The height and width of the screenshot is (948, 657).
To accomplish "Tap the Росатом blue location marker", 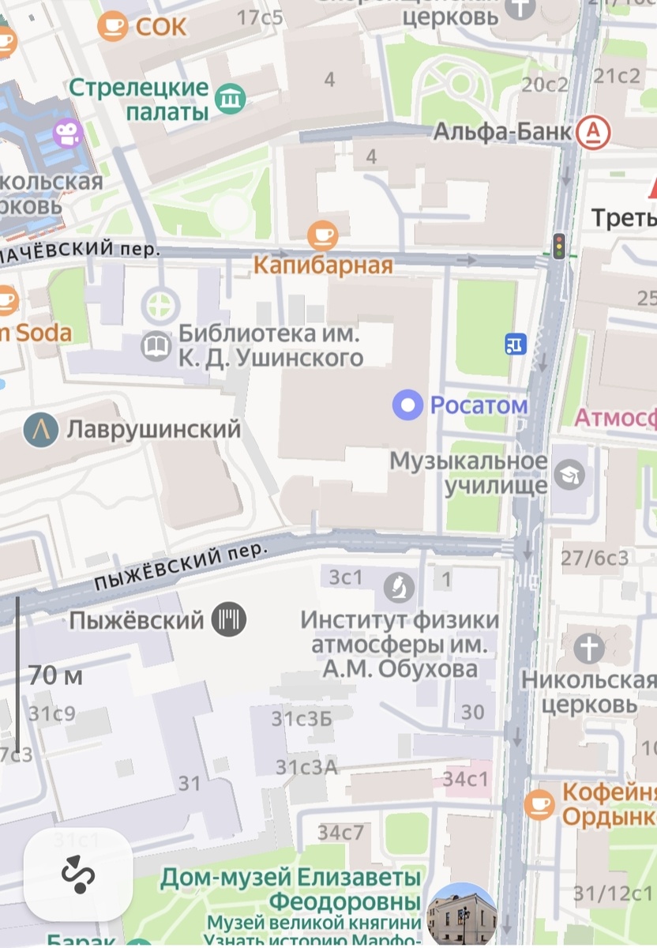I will coord(408,406).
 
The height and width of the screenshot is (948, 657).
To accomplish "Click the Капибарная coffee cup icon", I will coord(322,235).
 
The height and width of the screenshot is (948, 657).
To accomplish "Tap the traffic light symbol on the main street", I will coord(560,246).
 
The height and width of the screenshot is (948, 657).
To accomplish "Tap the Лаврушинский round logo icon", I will coord(40,430).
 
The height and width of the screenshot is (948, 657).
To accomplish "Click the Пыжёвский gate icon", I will coord(229,619).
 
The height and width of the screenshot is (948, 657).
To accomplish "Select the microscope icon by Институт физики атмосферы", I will coord(400,586).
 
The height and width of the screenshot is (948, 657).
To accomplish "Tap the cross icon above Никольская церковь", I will coord(589,649).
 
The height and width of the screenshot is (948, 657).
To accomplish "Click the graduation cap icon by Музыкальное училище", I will coord(568,474).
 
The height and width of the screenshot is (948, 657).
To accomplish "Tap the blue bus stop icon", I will coord(516,344).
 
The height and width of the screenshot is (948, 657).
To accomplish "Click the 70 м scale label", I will coord(55,676).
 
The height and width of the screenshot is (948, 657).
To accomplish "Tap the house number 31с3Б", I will coord(301,719).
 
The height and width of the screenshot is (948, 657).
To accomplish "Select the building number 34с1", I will coord(466,779).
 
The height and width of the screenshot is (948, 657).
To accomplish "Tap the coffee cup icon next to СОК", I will coord(112,26).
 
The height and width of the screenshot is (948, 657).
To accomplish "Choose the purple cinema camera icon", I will coord(69,133).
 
